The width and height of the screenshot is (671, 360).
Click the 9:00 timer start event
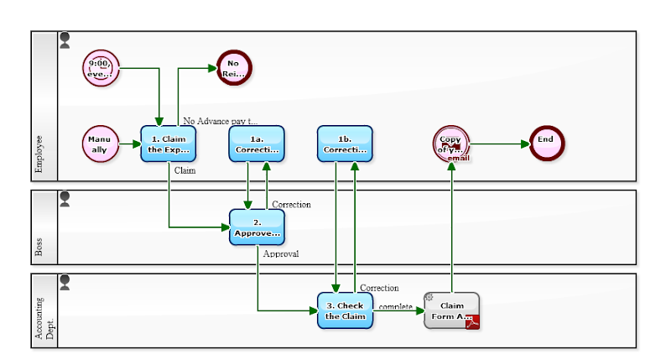click(101, 67)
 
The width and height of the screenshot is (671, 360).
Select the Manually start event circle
click(101, 143)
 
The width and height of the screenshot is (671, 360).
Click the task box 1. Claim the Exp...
click(169, 143)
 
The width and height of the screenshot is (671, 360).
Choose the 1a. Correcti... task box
click(257, 143)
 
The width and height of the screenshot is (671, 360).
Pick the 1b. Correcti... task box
click(345, 143)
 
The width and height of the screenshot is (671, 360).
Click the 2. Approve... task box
click(257, 227)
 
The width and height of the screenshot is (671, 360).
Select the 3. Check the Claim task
click(345, 310)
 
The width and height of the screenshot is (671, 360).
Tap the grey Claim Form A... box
click(451, 310)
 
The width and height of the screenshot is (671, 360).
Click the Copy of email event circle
click(450, 143)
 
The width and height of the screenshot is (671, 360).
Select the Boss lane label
click(39, 247)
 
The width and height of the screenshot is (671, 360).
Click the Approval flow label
click(281, 253)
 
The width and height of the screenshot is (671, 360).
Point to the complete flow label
click(395, 306)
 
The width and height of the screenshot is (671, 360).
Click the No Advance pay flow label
click(221, 121)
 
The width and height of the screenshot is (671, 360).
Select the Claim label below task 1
click(185, 170)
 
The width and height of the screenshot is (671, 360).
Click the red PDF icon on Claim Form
click(472, 321)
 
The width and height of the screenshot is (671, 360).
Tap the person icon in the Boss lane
click(65, 198)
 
